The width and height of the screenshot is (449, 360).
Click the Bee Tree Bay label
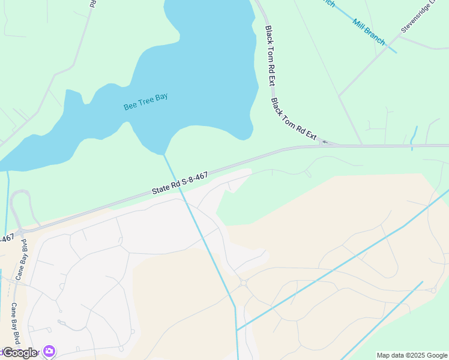[x=145, y=101]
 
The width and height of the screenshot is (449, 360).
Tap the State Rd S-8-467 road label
[x=179, y=182]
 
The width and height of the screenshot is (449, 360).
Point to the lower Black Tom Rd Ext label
[x=294, y=119]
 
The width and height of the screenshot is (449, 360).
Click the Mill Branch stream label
[x=369, y=32]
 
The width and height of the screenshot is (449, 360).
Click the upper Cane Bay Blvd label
[x=25, y=254]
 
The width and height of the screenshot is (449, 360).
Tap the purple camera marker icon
[x=49, y=352]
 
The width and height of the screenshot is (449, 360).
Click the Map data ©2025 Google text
[x=412, y=355]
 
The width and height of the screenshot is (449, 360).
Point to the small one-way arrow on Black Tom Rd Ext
[x=325, y=142]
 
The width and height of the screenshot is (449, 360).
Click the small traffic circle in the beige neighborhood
[x=244, y=283]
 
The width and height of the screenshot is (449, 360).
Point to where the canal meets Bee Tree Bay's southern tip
[x=164, y=155]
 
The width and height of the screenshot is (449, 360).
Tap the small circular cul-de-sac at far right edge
[x=433, y=290]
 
